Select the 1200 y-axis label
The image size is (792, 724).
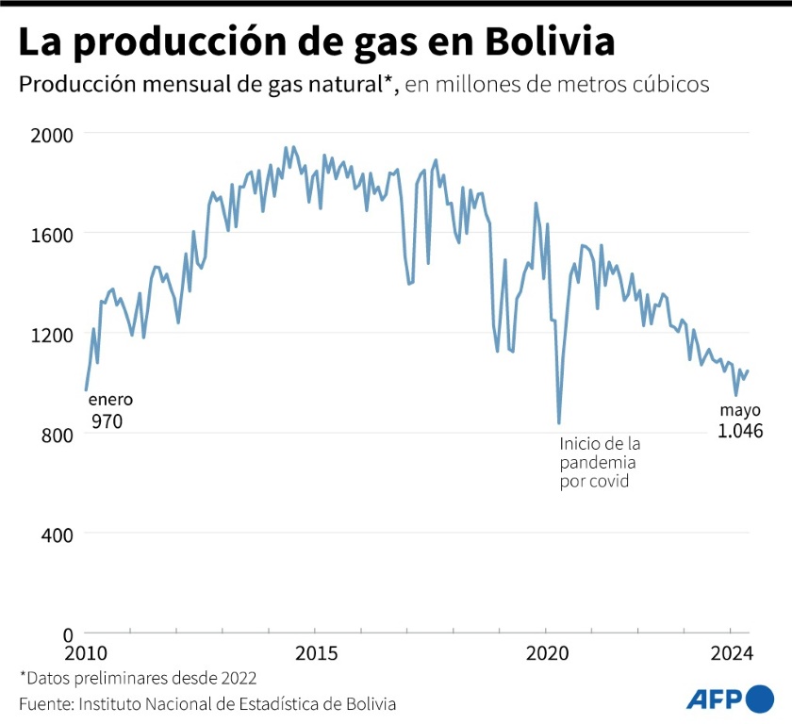point(42,334)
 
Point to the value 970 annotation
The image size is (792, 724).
point(107,421)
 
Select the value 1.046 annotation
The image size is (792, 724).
point(740,431)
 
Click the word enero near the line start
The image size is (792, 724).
point(110,400)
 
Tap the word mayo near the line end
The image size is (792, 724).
point(740,410)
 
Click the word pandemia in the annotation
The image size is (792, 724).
point(597,463)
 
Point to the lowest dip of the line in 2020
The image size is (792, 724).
point(559,423)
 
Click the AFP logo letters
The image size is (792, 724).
point(714,699)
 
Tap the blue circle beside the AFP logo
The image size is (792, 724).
point(759,699)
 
